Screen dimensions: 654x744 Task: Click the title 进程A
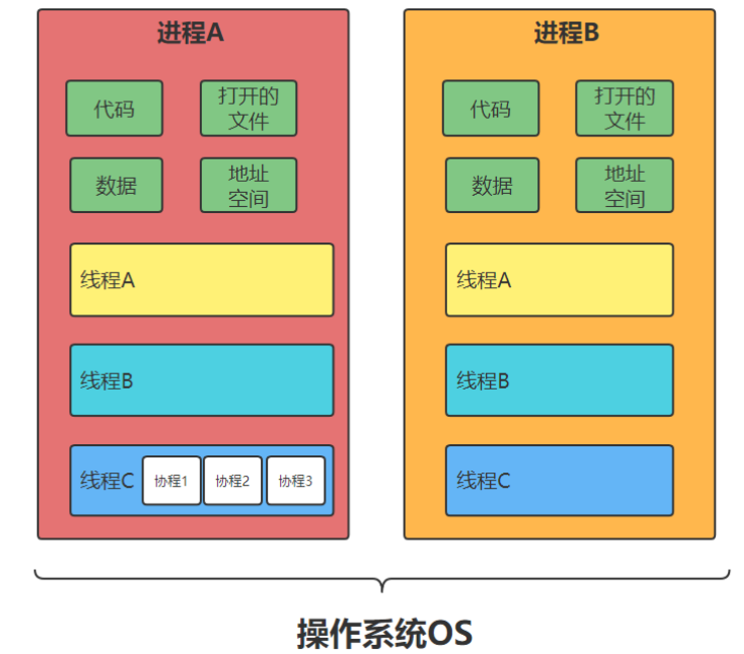[x=191, y=33]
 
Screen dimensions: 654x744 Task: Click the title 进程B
[x=566, y=33]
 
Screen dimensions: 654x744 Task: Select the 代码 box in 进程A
[x=114, y=108]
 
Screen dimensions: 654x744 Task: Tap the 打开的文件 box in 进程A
[x=248, y=108]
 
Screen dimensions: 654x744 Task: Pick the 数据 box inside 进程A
[x=116, y=185]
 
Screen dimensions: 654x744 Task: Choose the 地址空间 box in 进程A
[x=248, y=185]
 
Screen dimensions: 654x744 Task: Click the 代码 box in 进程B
[x=490, y=108]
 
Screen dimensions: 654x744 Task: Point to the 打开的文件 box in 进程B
[x=624, y=108]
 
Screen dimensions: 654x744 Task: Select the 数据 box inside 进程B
[x=492, y=185]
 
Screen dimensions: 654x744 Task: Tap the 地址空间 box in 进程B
[x=624, y=185]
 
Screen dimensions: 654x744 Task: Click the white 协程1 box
[x=171, y=481]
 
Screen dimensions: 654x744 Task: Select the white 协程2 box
[x=233, y=481]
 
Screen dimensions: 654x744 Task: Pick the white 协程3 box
[x=295, y=481]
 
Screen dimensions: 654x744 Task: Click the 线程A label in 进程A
[x=107, y=280]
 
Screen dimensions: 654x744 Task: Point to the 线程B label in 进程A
[x=107, y=381]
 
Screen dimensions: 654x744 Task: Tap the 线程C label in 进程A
[x=107, y=481]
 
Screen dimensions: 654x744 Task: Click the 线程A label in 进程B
[x=483, y=280]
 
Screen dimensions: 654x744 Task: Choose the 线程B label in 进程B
[x=483, y=381]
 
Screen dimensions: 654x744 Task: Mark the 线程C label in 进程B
[x=483, y=481]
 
